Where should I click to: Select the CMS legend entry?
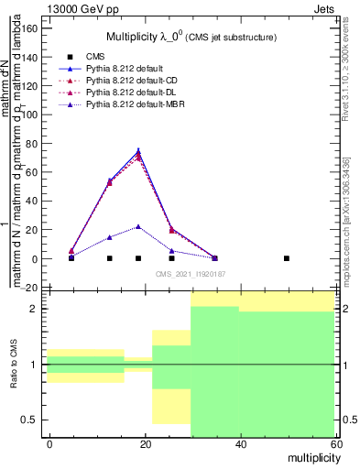click(x=93, y=57)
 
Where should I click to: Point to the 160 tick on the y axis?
click(x=30, y=27)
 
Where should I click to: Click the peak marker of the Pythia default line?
click(x=138, y=151)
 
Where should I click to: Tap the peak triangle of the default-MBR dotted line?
click(x=138, y=226)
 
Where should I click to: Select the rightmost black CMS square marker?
click(x=287, y=258)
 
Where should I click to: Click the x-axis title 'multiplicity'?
click(x=311, y=456)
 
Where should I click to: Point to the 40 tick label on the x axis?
click(x=241, y=443)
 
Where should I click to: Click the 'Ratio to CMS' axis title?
click(x=14, y=365)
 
